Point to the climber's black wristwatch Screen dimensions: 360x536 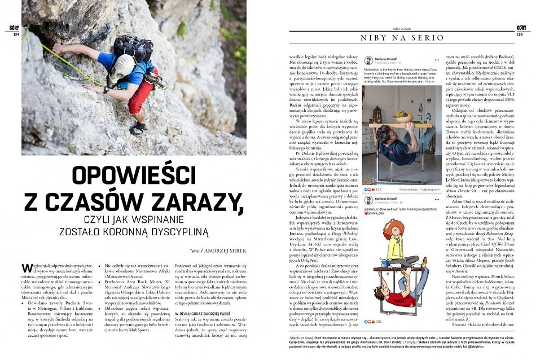point(106,90)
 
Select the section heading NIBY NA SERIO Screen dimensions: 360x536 point(402,38)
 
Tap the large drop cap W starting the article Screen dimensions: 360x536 point(27,269)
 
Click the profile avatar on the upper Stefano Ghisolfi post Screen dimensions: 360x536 point(369,60)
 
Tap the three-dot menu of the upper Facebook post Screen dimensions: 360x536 point(437,59)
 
